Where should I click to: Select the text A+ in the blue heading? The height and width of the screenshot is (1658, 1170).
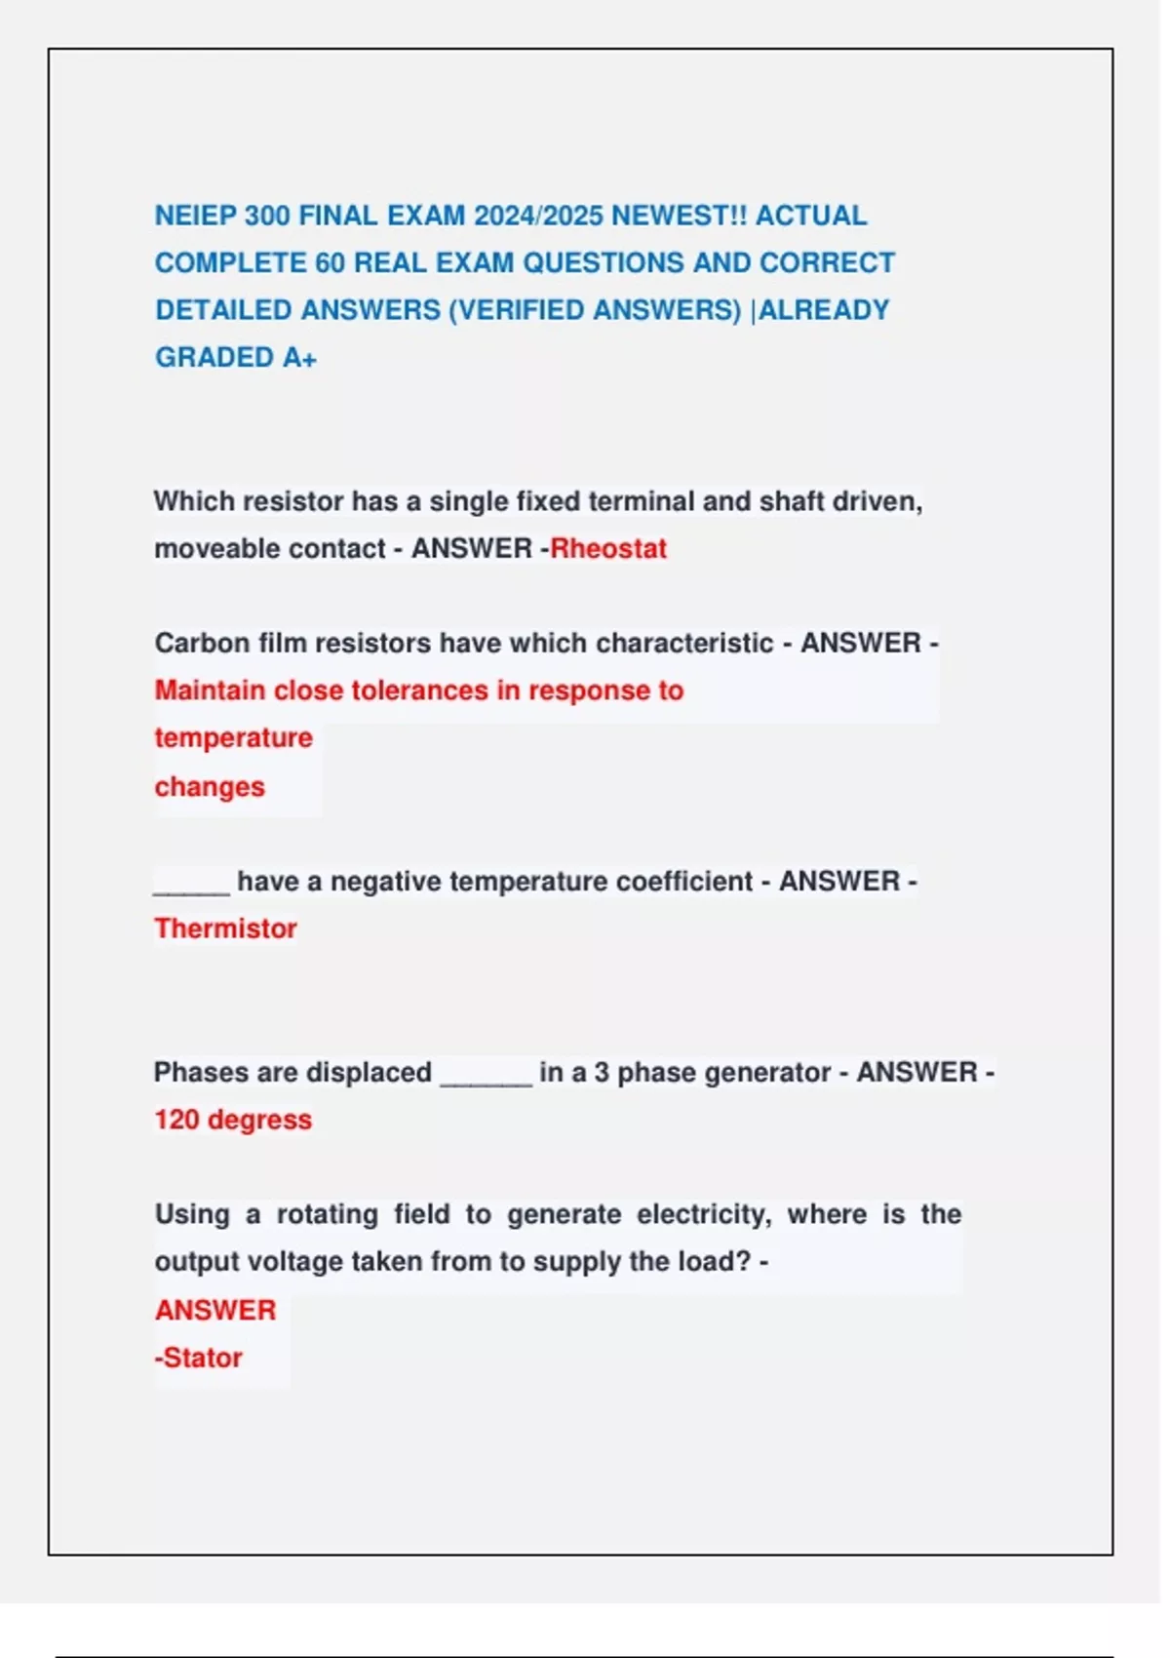(x=299, y=358)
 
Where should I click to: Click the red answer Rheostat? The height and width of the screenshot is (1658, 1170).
(x=608, y=548)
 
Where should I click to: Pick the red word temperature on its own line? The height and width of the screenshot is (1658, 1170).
(x=233, y=738)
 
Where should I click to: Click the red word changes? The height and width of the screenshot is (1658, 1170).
(x=210, y=787)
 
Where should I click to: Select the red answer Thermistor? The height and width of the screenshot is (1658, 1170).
(x=225, y=928)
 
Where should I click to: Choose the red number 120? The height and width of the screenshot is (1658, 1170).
(x=176, y=1120)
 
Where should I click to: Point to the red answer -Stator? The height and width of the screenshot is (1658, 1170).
(x=199, y=1358)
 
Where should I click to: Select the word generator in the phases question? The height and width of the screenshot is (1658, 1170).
(x=769, y=1073)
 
